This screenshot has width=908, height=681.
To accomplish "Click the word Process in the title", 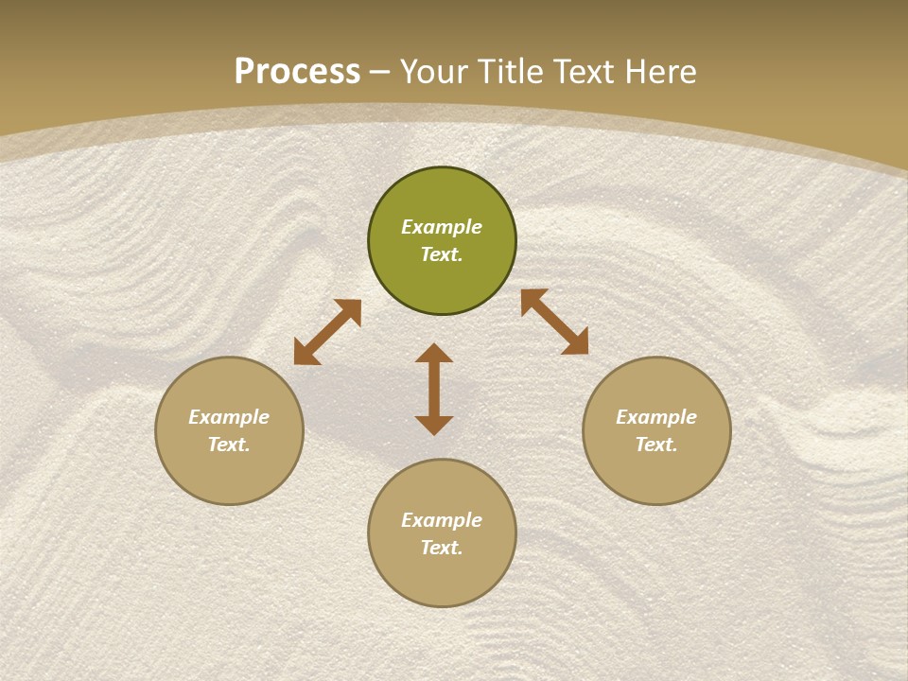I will (297, 72).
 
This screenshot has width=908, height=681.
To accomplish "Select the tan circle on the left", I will (229, 473).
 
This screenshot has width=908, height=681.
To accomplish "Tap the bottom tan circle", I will (442, 577).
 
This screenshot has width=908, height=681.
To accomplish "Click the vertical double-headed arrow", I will (434, 390).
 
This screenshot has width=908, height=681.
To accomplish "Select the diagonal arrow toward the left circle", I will (327, 332).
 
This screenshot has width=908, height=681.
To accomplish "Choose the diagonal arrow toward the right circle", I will (554, 322).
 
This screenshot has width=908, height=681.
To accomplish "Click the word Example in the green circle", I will (442, 227).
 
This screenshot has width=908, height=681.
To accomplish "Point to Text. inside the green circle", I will (442, 254).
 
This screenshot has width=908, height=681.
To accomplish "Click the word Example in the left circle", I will (229, 417).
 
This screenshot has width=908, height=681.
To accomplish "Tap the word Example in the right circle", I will (656, 417).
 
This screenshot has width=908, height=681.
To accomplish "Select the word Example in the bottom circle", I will (442, 520).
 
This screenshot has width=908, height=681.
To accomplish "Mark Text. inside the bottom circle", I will (442, 548).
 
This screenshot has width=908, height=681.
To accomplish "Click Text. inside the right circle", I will (656, 445).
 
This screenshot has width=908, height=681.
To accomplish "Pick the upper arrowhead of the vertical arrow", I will (434, 354).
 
